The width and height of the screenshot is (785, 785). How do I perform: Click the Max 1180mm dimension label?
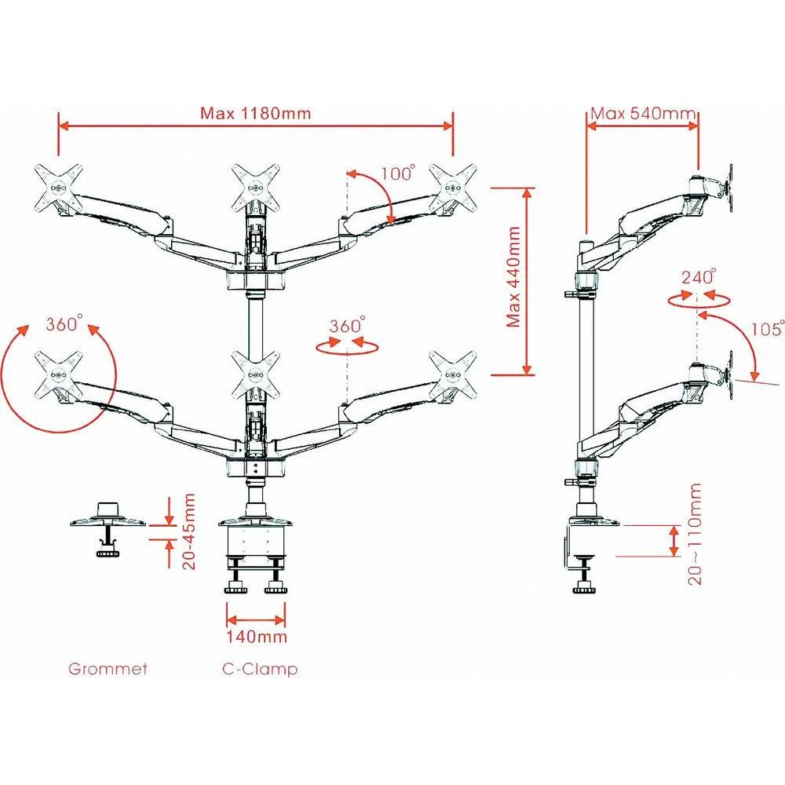coord(255,113)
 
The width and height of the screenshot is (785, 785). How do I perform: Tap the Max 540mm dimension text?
coord(644,113)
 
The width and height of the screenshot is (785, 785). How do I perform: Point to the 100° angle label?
coord(398,173)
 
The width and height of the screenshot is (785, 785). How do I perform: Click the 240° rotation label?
coord(699,277)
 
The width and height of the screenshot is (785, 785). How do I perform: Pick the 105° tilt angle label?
coord(767,329)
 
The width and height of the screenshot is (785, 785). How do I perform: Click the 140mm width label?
coord(256,636)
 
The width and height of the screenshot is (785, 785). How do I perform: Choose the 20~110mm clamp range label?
coord(695,534)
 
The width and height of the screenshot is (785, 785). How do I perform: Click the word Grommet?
coord(108,670)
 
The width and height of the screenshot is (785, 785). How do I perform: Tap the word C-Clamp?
coord(260,670)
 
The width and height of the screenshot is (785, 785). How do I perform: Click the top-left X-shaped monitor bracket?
coord(57,186)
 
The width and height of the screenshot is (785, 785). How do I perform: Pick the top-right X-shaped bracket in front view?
coord(453,186)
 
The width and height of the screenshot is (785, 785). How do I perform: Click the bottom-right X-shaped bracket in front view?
coord(453,375)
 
